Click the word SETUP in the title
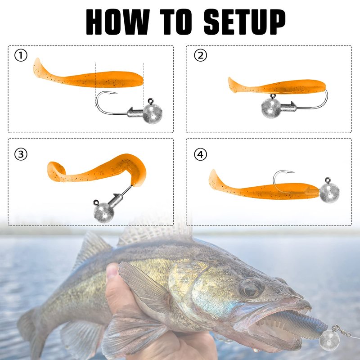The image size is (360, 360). [x=244, y=22]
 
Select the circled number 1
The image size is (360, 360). [x=21, y=55]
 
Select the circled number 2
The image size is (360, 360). [x=200, y=55]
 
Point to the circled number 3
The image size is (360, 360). [x=21, y=154]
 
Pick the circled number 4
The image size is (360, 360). [x=200, y=154]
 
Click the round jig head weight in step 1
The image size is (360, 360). [x=153, y=114]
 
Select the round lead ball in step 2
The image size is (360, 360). [x=271, y=108]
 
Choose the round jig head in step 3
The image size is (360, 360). [x=104, y=213]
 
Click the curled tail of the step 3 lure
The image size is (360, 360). [x=56, y=171]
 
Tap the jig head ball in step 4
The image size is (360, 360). [x=329, y=193]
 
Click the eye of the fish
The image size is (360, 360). [x=252, y=288]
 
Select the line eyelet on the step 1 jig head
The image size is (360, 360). [x=151, y=101]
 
